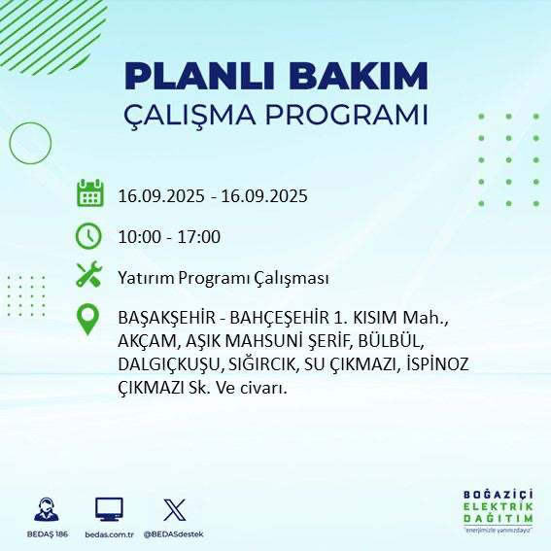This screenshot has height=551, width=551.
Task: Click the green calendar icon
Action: click(89, 193)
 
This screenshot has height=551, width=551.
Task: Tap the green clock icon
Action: click(89, 236)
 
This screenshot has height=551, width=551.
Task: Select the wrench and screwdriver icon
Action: click(89, 276)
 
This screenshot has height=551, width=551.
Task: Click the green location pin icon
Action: click(89, 320)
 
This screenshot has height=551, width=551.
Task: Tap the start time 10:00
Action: click(138, 237)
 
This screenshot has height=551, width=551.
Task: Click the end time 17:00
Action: click(199, 237)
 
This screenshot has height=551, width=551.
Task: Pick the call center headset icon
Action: click(45, 509)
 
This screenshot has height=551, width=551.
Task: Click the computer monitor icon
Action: click(109, 509)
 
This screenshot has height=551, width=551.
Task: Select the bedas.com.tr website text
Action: click(109, 534)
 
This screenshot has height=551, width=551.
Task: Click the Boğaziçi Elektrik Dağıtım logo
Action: click(497, 510)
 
